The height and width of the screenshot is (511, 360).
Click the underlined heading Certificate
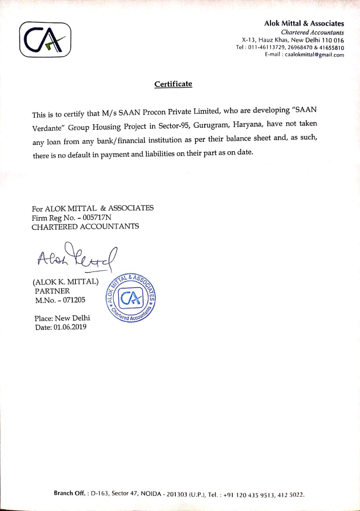click(x=173, y=84)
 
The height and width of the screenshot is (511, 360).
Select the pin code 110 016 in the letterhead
click(x=333, y=40)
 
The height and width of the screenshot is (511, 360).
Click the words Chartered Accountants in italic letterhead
click(x=312, y=32)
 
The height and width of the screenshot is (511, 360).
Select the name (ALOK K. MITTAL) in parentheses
click(x=65, y=281)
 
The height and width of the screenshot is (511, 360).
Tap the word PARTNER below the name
click(x=52, y=291)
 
